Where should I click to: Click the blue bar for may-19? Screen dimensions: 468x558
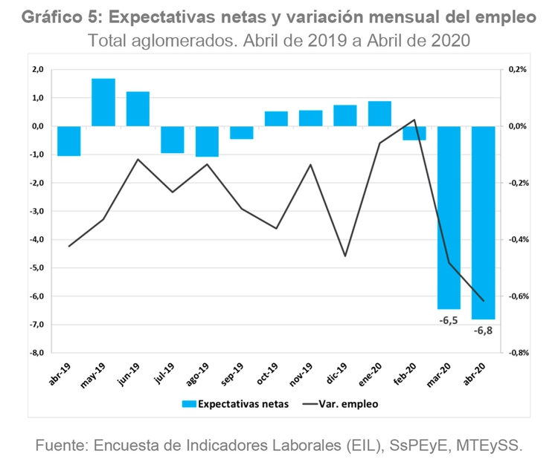103,102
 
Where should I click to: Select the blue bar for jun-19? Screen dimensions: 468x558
138,108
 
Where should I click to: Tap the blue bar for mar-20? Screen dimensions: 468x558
449,217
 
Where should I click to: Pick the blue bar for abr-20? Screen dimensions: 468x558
483,222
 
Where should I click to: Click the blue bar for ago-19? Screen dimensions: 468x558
207,141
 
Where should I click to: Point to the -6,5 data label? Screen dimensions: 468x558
448,320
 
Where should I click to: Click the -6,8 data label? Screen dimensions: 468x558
483,330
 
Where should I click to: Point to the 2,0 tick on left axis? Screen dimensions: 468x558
36,69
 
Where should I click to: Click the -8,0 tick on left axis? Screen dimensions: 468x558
36,353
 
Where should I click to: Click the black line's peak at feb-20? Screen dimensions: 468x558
414,120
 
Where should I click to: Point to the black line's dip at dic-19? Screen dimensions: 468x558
345,256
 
